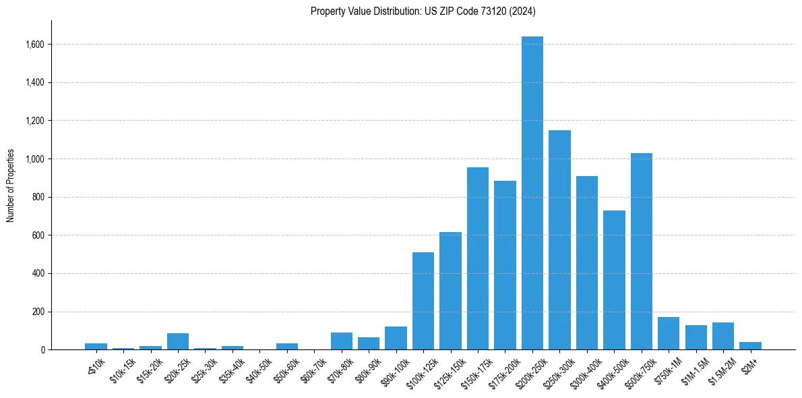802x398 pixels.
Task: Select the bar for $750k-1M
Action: point(669,333)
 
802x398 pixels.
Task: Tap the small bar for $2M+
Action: point(750,345)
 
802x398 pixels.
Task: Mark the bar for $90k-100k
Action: point(396,338)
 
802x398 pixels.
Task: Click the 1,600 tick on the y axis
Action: point(35,45)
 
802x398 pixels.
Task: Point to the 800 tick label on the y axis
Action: point(38,197)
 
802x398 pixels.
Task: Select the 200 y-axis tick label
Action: point(38,312)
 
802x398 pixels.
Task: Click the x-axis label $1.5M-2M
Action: point(718,370)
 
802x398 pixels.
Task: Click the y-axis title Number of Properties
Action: point(11,186)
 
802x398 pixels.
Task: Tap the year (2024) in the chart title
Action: point(523,11)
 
